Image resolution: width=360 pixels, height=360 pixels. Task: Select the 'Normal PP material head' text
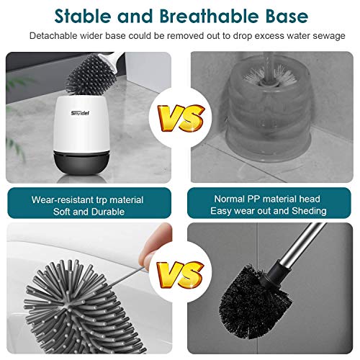point(269,199)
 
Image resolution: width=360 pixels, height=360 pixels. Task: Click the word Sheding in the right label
point(308,212)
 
